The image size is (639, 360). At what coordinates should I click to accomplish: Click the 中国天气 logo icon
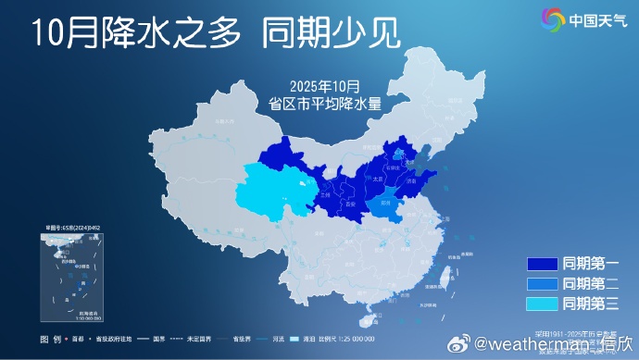553,18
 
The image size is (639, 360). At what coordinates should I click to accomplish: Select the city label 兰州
324,196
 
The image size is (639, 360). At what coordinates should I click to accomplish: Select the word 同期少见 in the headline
331,34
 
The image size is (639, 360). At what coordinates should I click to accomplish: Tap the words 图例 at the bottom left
51,339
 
